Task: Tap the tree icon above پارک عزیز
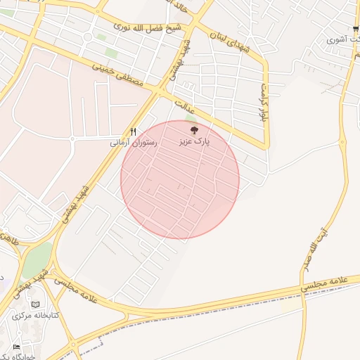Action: click(195, 129)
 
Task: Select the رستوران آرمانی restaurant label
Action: click(134, 143)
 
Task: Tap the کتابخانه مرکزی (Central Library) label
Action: click(36, 316)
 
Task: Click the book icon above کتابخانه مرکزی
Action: click(36, 304)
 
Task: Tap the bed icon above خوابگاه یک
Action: click(17, 347)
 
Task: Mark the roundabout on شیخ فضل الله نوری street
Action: click(88, 37)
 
